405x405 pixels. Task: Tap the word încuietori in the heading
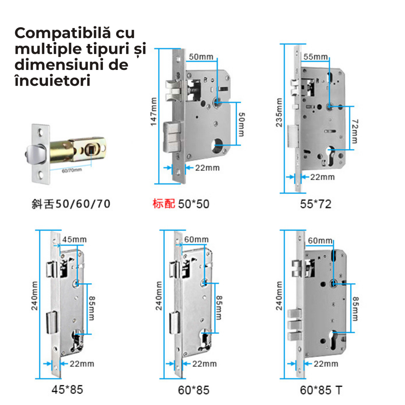point(53,81)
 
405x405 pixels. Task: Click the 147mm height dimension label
point(153,112)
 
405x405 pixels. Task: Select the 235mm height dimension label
point(279,113)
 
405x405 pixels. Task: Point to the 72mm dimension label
point(355,131)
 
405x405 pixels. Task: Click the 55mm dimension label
point(315,57)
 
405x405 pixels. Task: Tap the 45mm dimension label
point(74,240)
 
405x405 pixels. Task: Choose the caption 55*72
point(315,204)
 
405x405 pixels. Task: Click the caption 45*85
point(67,389)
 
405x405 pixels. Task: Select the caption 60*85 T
point(321,390)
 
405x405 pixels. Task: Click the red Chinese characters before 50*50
point(164,204)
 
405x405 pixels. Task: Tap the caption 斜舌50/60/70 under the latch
point(71,204)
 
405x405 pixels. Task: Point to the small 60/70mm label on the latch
point(72,171)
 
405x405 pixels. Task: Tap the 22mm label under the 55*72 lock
point(322,177)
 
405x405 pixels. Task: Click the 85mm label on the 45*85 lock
point(91,308)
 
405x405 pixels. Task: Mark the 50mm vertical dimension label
point(241,124)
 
